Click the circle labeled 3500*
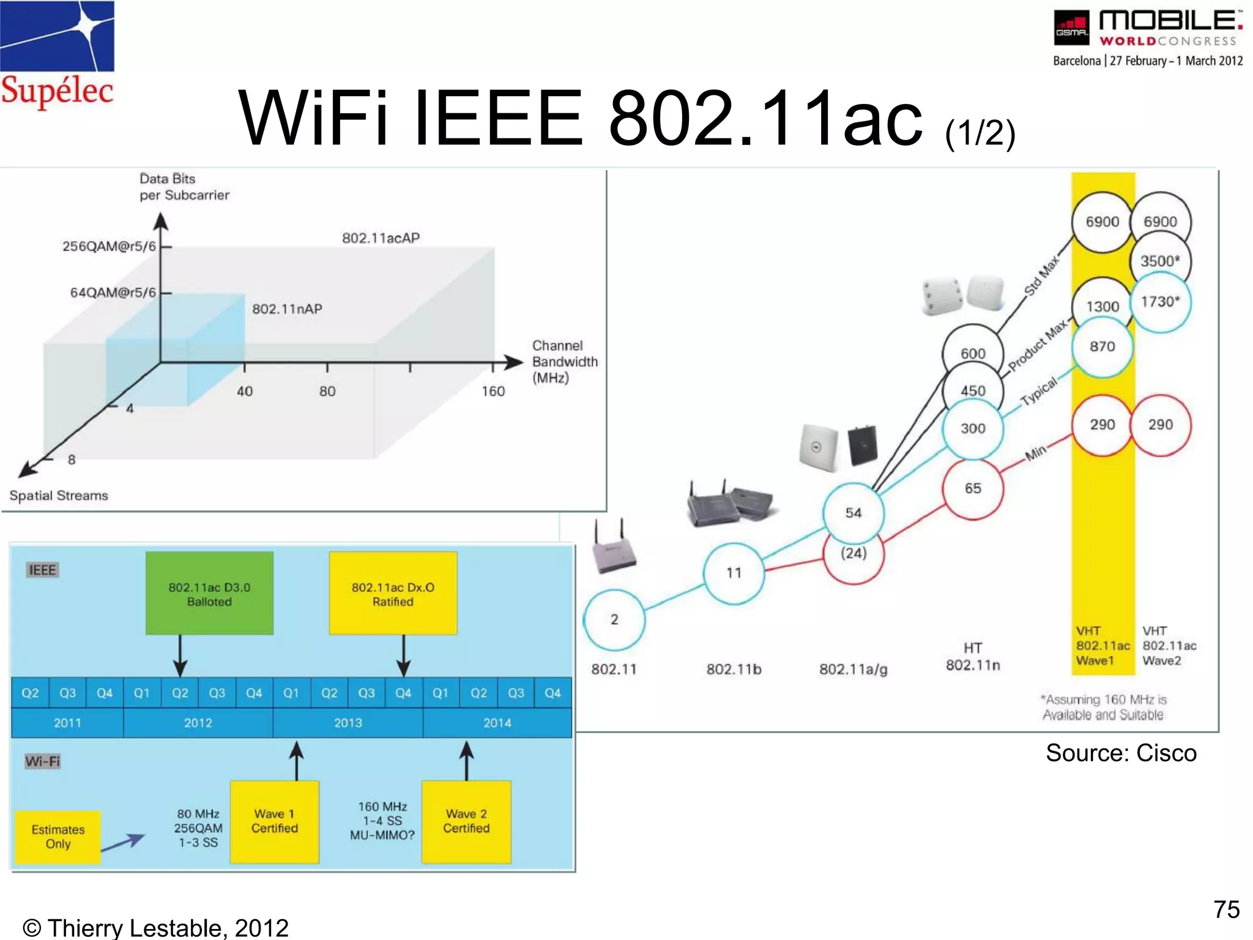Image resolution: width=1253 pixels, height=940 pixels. (1160, 261)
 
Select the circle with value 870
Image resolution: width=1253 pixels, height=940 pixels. (1102, 347)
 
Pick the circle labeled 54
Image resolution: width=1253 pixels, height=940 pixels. (853, 513)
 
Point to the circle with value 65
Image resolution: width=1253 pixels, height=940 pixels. (973, 488)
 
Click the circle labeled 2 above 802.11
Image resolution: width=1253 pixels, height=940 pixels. (614, 619)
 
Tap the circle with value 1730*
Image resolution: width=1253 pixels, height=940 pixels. (1160, 302)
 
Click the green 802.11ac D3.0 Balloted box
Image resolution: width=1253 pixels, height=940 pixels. (209, 594)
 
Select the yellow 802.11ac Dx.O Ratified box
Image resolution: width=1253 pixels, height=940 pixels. (393, 594)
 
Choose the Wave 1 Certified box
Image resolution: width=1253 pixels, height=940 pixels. (275, 821)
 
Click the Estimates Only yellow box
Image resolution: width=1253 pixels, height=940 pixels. (58, 837)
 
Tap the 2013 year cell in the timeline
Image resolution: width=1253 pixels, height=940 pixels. (348, 723)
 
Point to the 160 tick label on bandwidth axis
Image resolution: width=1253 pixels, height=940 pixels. (493, 391)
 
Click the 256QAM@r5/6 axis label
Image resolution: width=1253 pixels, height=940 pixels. (109, 246)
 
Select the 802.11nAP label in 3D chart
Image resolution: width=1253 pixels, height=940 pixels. (287, 309)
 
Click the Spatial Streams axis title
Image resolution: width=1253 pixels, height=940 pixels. (59, 496)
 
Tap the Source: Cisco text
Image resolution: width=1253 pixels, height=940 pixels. (1121, 753)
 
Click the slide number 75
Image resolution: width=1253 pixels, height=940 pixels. (1226, 909)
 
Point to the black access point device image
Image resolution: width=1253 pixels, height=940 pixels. (863, 445)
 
